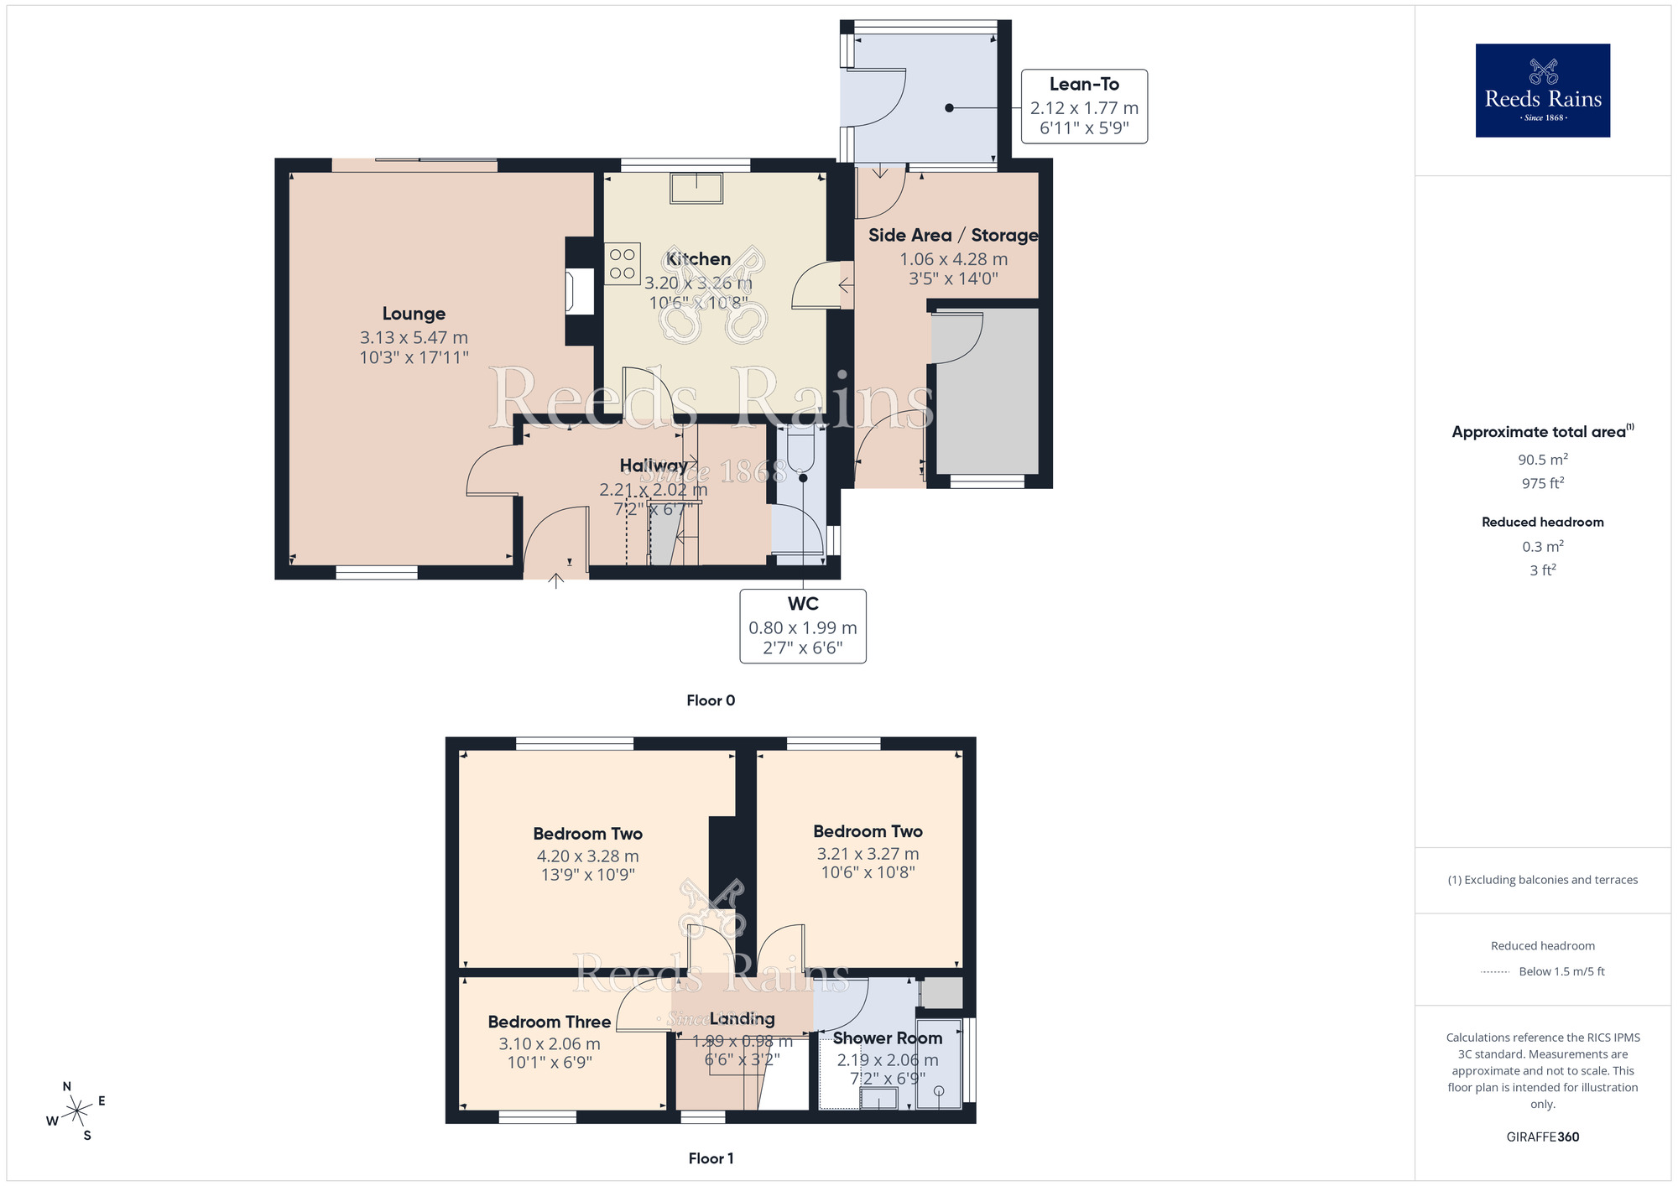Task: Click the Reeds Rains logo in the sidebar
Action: [1542, 91]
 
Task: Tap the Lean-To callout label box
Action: [1084, 107]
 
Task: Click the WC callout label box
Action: [802, 627]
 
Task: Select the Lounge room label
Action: [414, 314]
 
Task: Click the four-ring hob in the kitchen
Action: [623, 263]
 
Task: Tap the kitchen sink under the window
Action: [696, 188]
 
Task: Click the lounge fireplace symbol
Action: [579, 291]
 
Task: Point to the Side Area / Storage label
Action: [953, 236]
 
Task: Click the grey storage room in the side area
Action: [988, 394]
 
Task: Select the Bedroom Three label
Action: [549, 1022]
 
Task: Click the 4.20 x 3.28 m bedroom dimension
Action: [587, 856]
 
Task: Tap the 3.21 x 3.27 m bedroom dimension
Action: [868, 854]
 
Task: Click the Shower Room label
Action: [887, 1038]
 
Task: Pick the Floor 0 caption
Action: [711, 700]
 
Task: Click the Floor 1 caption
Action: [711, 1158]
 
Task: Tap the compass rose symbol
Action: [76, 1111]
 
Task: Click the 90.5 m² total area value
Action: [1542, 460]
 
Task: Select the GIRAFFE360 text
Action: [1542, 1137]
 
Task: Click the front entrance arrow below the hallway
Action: [556, 580]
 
